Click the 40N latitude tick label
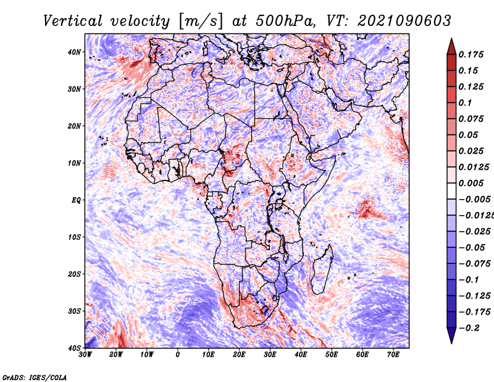tap(74, 52)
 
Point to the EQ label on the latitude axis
tap(76, 200)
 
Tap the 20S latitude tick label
tap(74, 274)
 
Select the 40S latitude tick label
tap(74, 348)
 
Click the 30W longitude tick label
tap(85, 355)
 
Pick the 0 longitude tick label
tap(178, 355)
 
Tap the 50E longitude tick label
tap(332, 355)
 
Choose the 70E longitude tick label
tap(393, 355)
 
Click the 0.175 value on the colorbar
tap(471, 54)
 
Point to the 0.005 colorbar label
tap(471, 183)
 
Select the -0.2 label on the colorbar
tap(469, 328)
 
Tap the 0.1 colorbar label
tap(465, 103)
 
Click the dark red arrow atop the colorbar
tap(451, 47)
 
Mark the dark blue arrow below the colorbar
tap(451, 335)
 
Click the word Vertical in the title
tap(73, 21)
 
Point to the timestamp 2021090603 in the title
tap(404, 21)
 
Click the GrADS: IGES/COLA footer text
tap(35, 377)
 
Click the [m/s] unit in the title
tap(200, 22)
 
